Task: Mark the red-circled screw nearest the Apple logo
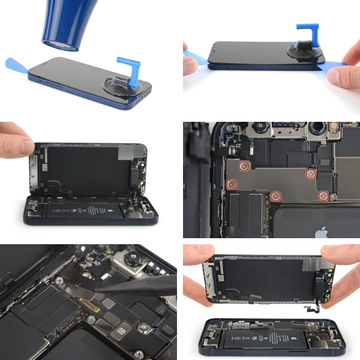pos(323,194)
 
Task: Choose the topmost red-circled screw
pos(244,165)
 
